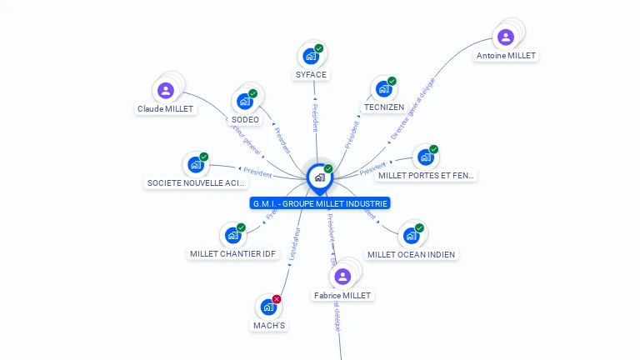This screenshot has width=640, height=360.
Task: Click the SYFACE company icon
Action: tap(311, 57)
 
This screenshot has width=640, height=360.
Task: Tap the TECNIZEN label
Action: tap(384, 107)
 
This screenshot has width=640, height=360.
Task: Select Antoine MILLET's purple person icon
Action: tap(505, 37)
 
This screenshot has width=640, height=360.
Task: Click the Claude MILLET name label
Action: tap(165, 109)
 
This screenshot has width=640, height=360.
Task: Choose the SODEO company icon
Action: tap(245, 102)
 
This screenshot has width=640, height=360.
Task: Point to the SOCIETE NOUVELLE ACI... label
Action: tap(197, 182)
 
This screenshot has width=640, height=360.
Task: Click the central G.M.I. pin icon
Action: tap(319, 177)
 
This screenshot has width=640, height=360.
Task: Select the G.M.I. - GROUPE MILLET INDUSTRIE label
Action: tap(320, 203)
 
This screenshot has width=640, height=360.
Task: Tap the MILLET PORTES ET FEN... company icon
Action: tap(426, 157)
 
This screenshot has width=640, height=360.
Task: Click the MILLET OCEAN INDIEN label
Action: tap(412, 254)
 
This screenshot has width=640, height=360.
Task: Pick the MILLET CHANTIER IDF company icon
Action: tap(232, 236)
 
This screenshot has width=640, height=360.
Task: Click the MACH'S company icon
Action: tap(268, 307)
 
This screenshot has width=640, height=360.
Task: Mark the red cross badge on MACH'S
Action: tap(277, 299)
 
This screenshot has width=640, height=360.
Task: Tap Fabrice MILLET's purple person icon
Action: tap(342, 277)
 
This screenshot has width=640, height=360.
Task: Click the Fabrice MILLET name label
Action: tap(342, 295)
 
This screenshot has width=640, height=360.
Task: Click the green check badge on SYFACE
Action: tap(319, 48)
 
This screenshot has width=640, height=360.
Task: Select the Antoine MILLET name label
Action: tap(506, 56)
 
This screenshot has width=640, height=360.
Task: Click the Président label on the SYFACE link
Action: tap(315, 118)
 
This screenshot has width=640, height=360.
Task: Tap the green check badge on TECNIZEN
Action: tap(392, 81)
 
